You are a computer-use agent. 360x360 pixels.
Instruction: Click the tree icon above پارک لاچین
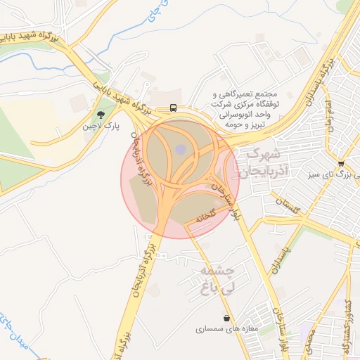(101, 114)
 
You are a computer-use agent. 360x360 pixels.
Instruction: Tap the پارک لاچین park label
(98, 127)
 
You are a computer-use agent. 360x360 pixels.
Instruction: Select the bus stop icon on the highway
(173, 108)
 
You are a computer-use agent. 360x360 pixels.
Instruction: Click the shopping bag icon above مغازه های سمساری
(226, 318)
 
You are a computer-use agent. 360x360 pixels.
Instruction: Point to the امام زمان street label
(328, 112)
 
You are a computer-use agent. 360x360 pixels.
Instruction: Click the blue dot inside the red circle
(181, 149)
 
